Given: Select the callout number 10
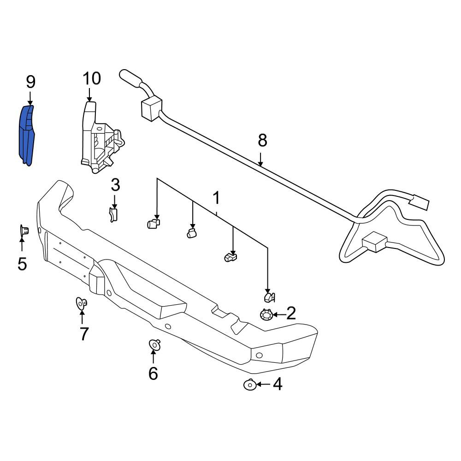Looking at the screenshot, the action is [92, 78].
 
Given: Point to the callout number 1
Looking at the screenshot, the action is [216, 198].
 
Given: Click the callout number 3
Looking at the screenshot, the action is [115, 185].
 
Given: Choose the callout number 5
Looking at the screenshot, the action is [22, 264].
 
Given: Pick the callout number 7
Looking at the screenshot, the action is [84, 334].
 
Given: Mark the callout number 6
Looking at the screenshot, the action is [153, 373].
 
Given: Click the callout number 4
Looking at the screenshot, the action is [278, 384].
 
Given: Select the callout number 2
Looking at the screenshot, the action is [291, 313].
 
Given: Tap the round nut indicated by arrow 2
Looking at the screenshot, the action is [266, 315].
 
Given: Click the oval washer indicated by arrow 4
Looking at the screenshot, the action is [250, 384].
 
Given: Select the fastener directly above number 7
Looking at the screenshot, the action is [82, 303].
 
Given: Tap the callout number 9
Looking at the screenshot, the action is [30, 82].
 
